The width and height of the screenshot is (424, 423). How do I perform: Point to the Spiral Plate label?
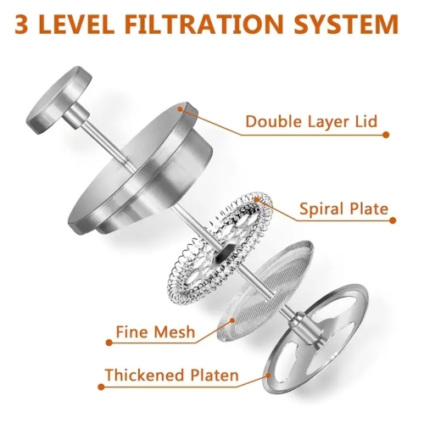(344, 209)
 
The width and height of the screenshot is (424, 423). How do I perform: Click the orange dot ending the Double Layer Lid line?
(386, 134)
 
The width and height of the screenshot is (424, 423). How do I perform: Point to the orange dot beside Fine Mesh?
(109, 342)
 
